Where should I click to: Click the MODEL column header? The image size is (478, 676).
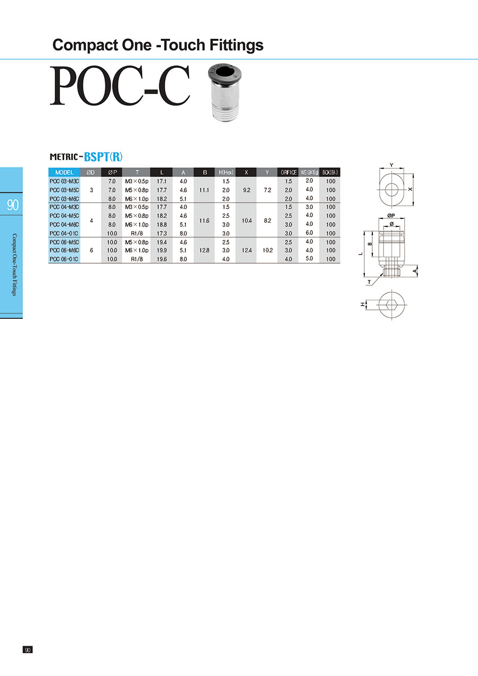tap(64, 172)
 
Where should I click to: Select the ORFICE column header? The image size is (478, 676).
tap(288, 172)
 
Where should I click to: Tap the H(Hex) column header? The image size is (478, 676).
tap(226, 172)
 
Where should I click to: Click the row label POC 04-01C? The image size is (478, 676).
tap(64, 233)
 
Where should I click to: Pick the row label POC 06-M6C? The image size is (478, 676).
tap(64, 250)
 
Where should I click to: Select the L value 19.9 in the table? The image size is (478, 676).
tap(161, 250)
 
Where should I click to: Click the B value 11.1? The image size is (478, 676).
tap(204, 190)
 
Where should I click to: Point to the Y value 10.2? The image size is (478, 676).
tap(268, 250)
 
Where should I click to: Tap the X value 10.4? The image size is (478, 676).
tap(246, 221)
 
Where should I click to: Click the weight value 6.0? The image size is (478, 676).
tap(309, 233)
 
